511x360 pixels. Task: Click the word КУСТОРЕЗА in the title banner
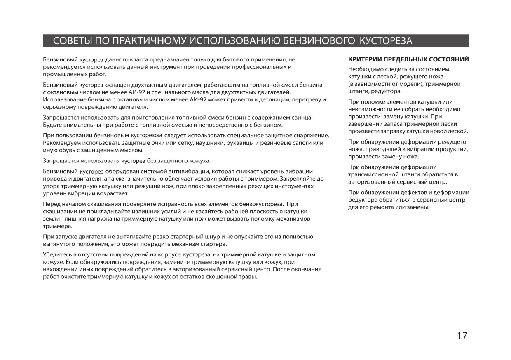point(386,41)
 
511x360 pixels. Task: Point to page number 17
point(462,336)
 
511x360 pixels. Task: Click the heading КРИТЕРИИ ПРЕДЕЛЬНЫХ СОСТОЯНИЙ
point(408,59)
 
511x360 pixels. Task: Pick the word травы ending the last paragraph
point(248,277)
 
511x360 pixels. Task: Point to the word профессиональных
point(254,67)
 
